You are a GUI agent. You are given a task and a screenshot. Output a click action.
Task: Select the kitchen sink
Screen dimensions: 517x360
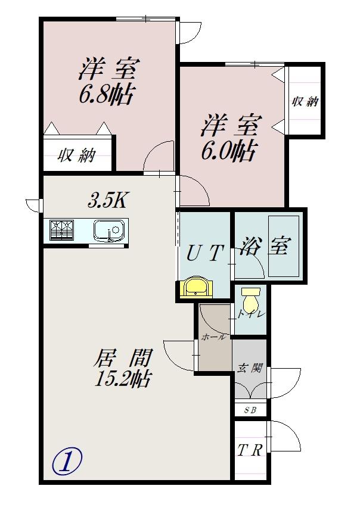click(109, 229)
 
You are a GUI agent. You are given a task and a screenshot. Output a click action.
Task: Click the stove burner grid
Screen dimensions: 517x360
click(61, 230)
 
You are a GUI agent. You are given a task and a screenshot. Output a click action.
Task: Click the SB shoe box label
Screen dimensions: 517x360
click(250, 410)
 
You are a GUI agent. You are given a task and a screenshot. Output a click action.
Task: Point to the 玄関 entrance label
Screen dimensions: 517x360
click(250, 368)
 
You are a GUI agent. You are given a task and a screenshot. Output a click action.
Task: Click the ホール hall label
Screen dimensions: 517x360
click(213, 337)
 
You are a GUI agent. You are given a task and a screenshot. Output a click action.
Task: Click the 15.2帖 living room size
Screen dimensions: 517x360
click(122, 378)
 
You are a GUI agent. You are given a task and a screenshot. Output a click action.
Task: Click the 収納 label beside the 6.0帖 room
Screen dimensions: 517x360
click(305, 101)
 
